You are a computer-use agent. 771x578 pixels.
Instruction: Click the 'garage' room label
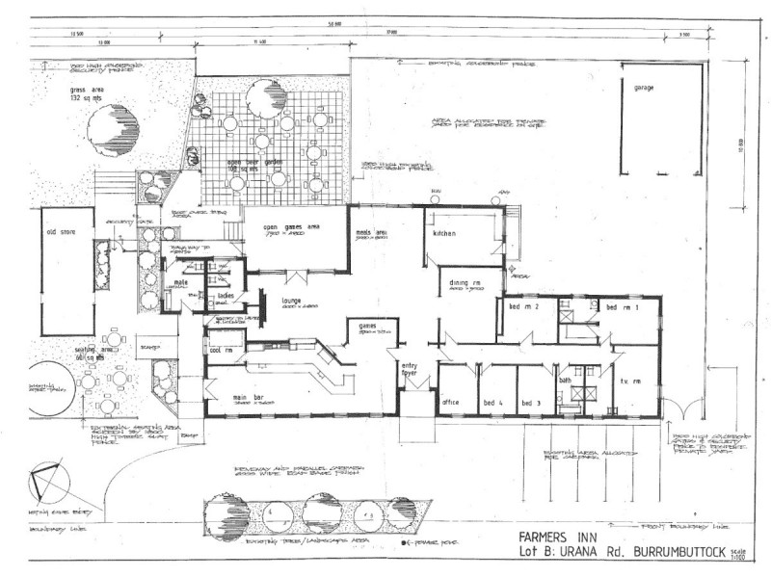click(x=644, y=88)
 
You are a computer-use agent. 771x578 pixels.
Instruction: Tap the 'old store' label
click(x=61, y=232)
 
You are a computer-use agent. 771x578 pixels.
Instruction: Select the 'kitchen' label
click(x=444, y=234)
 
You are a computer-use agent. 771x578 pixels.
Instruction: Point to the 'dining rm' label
click(x=461, y=281)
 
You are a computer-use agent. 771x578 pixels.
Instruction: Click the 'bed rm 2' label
click(x=522, y=306)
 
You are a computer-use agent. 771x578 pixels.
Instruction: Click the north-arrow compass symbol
click(x=48, y=482)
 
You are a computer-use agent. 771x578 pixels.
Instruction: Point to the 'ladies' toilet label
click(x=226, y=297)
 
